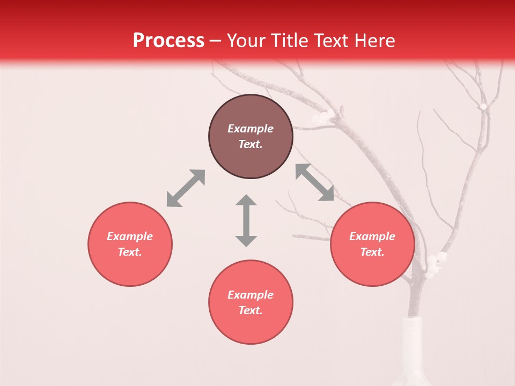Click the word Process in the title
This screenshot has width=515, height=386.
tap(168, 41)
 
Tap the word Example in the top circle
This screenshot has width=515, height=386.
tap(251, 129)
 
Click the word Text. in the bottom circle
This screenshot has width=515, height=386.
tap(251, 310)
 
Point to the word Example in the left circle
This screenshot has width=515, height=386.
tap(130, 236)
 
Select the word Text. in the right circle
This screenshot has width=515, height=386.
tap(372, 252)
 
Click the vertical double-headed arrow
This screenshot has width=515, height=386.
tap(246, 220)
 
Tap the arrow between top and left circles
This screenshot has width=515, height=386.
tap(186, 188)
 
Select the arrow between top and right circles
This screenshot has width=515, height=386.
tap(315, 182)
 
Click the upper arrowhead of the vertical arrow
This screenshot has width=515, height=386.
tap(246, 201)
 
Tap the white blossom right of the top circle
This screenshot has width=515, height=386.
tap(320, 117)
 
